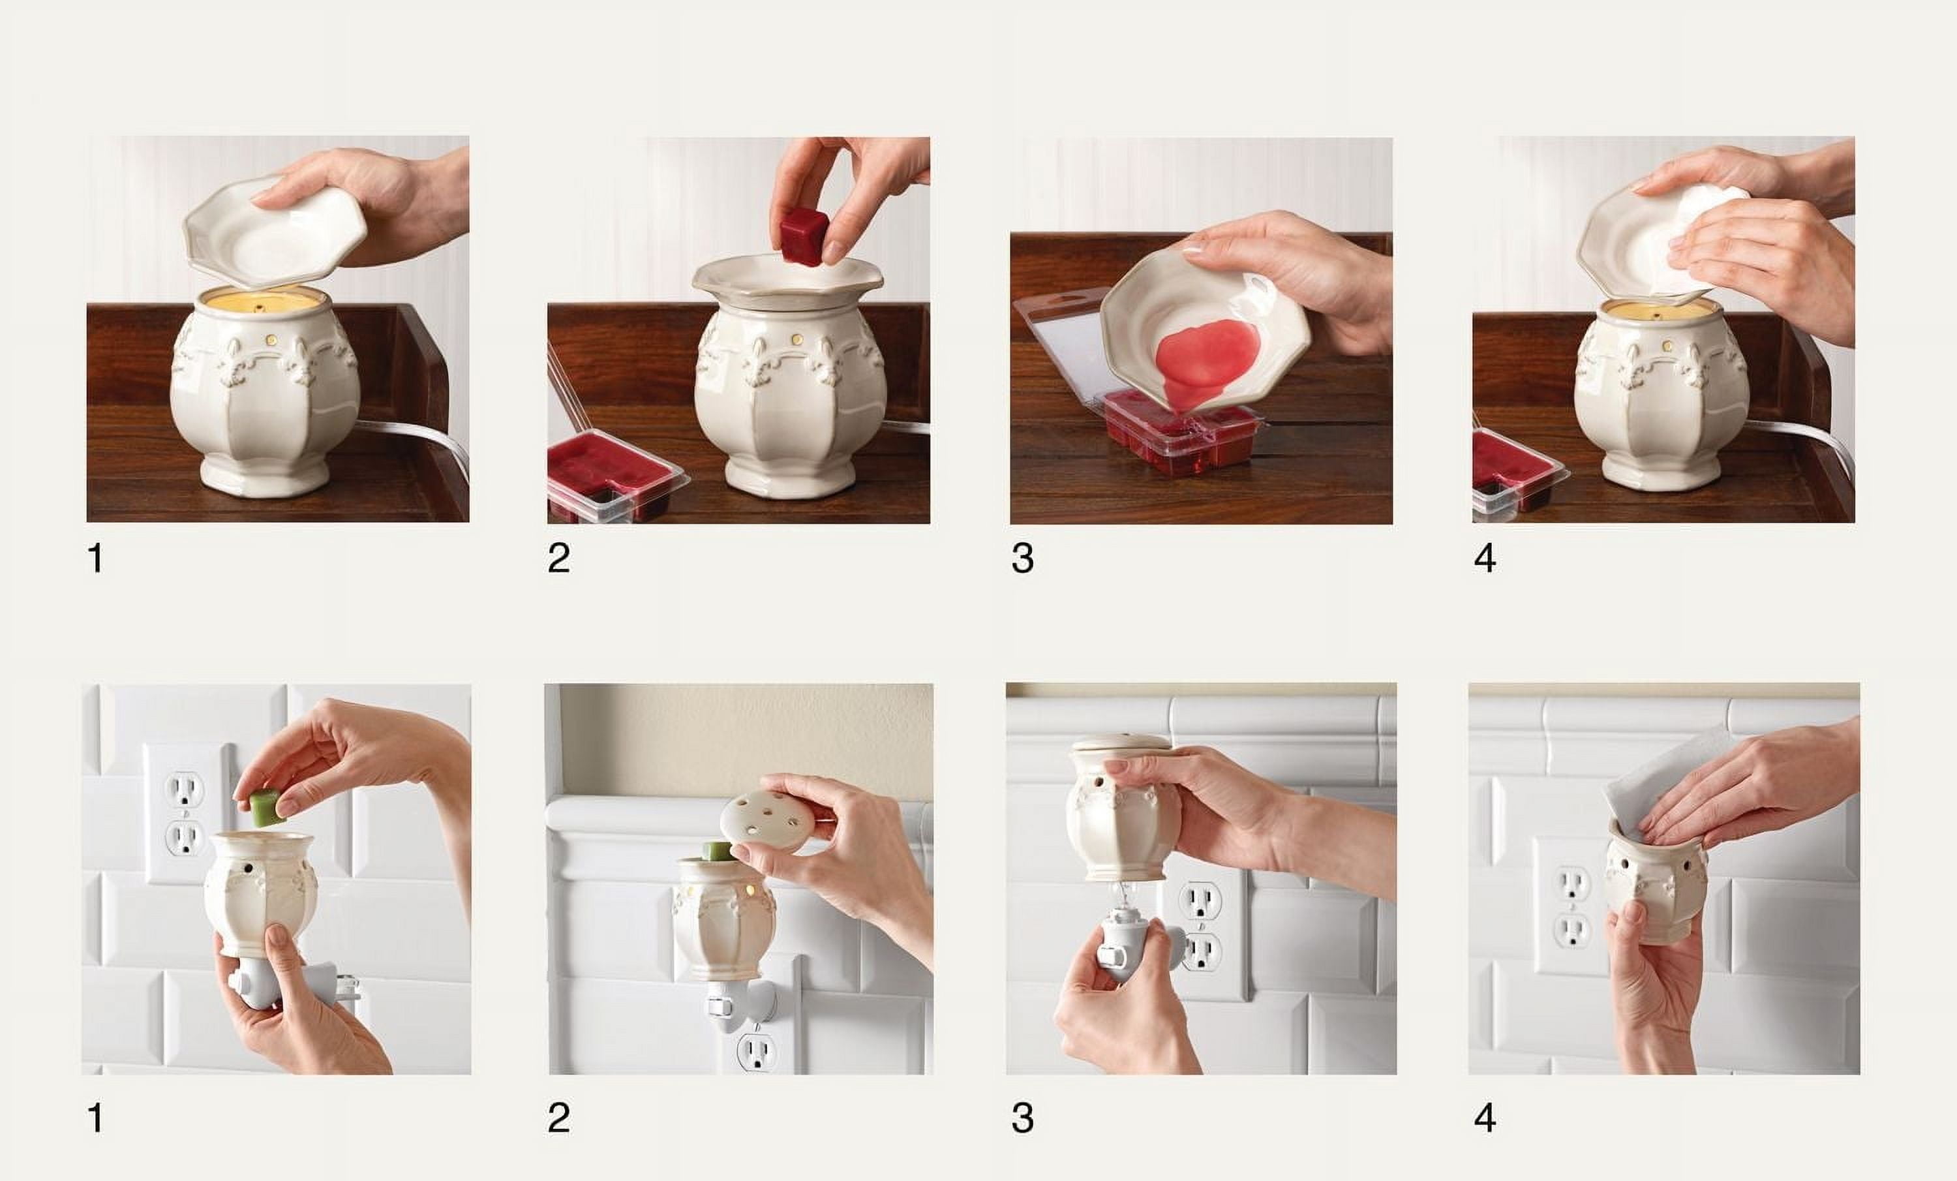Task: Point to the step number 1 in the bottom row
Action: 95,1118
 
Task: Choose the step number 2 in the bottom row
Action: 558,1118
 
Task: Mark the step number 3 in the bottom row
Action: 1022,1118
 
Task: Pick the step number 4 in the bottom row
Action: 1485,1118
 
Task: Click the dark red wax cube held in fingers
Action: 804,234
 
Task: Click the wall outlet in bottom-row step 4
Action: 1571,906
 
